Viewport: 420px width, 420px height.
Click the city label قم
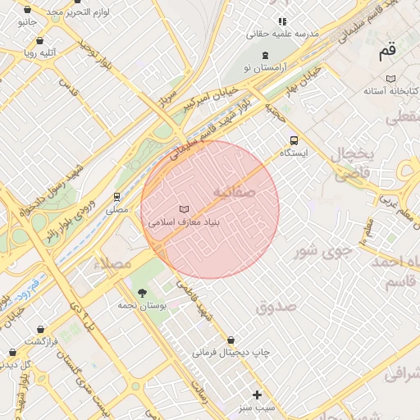[x=386, y=52]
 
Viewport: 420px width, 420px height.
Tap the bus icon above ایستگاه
[x=294, y=139]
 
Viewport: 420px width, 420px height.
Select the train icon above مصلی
[x=116, y=197]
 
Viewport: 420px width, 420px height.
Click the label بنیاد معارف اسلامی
[x=183, y=222]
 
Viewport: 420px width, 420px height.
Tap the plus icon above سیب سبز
[x=257, y=395]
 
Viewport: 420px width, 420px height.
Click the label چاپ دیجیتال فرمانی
[x=231, y=353]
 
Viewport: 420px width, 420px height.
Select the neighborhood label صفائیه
[x=235, y=191]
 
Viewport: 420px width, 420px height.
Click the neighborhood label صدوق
[x=274, y=307]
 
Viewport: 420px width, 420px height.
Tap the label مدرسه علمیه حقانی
[x=283, y=34]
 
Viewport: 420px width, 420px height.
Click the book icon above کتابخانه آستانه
[x=391, y=78]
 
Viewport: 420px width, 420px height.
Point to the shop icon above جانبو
[x=27, y=10]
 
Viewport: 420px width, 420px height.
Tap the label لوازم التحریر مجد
[x=78, y=12]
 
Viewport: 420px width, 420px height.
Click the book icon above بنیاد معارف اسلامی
[x=183, y=209]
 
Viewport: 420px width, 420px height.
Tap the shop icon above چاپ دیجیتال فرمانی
[x=231, y=340]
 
